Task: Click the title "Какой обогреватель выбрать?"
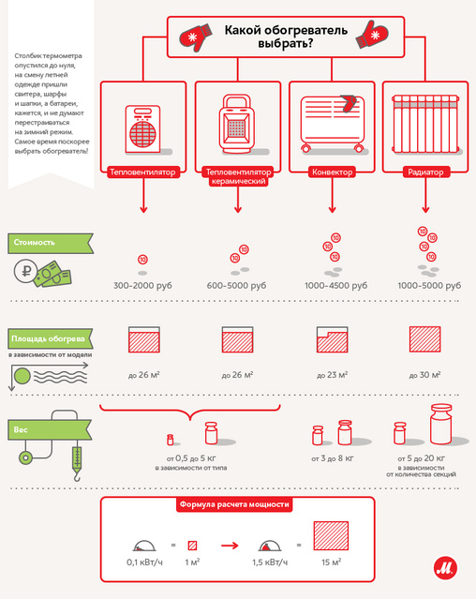pyautogui.click(x=286, y=37)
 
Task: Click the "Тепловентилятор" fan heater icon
pyautogui.click(x=143, y=129)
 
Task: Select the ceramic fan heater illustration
pyautogui.click(x=237, y=124)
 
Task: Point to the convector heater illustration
pyautogui.click(x=332, y=123)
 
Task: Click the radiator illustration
pyautogui.click(x=425, y=124)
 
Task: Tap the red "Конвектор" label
pyautogui.click(x=332, y=172)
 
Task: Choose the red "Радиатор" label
pyautogui.click(x=425, y=172)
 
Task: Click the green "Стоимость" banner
pyautogui.click(x=50, y=243)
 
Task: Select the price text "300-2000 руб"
pyautogui.click(x=142, y=285)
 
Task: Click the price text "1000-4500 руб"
pyautogui.click(x=335, y=285)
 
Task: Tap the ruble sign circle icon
pyautogui.click(x=26, y=271)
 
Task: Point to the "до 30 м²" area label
pyautogui.click(x=424, y=375)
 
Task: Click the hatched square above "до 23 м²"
pyautogui.click(x=332, y=339)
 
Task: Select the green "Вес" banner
pyautogui.click(x=50, y=429)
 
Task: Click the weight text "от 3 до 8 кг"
pyautogui.click(x=333, y=458)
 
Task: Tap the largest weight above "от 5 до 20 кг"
pyautogui.click(x=441, y=424)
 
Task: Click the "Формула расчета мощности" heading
pyautogui.click(x=234, y=504)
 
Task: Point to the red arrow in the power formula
pyautogui.click(x=230, y=546)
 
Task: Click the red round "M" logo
pyautogui.click(x=445, y=568)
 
